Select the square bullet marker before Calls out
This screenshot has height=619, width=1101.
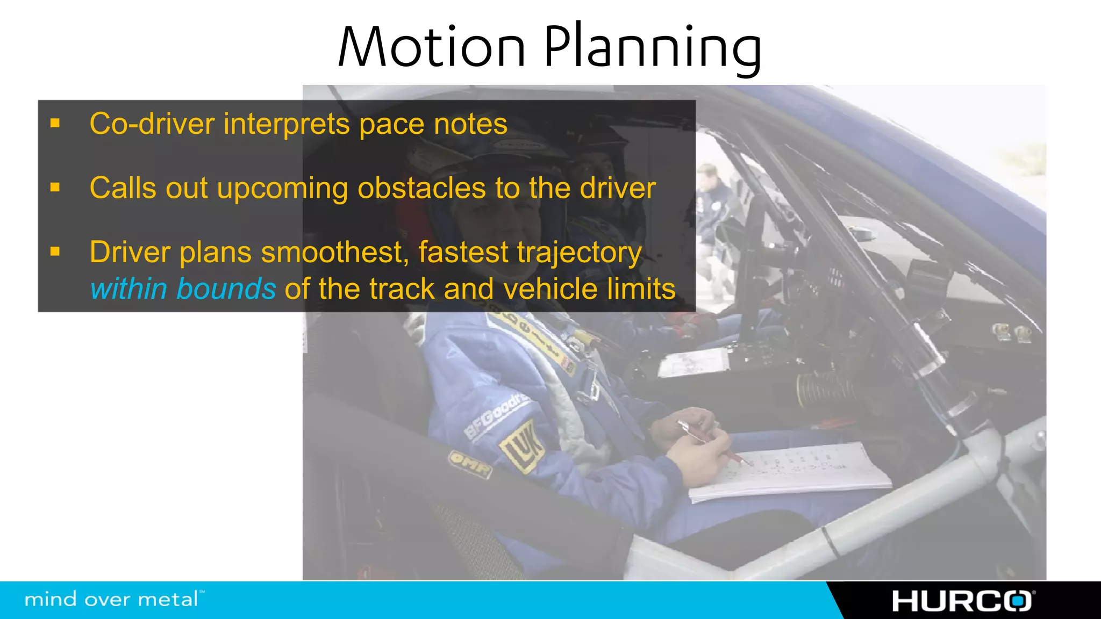point(55,188)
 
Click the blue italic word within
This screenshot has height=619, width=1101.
point(129,289)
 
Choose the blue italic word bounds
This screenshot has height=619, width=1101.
point(226,289)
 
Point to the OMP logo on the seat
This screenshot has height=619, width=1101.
point(469,463)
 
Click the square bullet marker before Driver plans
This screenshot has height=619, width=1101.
point(55,251)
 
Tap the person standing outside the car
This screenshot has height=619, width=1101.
point(712,215)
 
